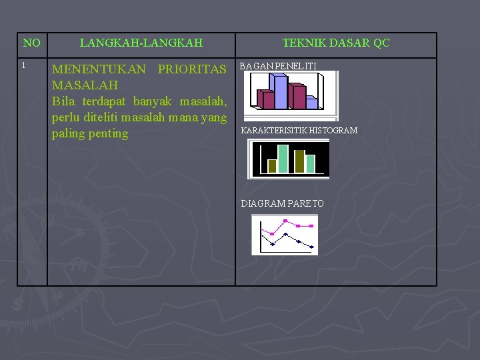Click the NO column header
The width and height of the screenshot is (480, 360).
(x=31, y=43)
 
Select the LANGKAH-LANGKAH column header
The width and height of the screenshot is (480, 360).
(x=141, y=43)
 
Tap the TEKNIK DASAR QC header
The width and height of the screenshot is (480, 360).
(x=336, y=43)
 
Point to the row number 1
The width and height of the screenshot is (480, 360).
(x=23, y=65)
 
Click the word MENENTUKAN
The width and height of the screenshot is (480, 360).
(x=99, y=69)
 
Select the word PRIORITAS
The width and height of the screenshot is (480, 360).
(x=193, y=69)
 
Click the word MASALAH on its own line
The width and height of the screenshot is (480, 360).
(x=85, y=85)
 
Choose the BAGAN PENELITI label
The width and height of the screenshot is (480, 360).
(x=278, y=66)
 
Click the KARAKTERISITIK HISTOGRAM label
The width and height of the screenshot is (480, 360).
(x=299, y=131)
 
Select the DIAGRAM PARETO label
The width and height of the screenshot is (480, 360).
(x=282, y=203)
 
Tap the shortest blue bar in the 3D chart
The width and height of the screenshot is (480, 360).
(x=311, y=103)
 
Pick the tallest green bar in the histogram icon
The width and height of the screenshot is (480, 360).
(x=283, y=159)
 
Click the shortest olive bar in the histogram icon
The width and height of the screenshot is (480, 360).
(x=271, y=166)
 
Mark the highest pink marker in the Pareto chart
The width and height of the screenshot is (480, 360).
(x=285, y=221)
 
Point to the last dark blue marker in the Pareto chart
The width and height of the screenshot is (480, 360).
(x=312, y=247)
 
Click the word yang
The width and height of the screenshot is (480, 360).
(x=212, y=117)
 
